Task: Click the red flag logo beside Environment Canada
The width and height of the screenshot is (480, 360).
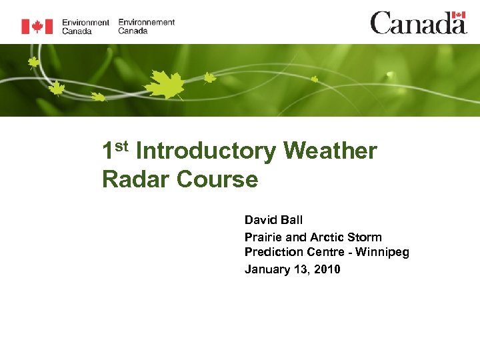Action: pyautogui.click(x=37, y=26)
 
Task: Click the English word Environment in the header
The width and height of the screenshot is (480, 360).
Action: pyautogui.click(x=85, y=22)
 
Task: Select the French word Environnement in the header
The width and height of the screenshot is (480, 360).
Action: pyautogui.click(x=147, y=22)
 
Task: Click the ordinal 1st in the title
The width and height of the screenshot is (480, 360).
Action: pyautogui.click(x=115, y=150)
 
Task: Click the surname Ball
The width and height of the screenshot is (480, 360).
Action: pyautogui.click(x=292, y=220)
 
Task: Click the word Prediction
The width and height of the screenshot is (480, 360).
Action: pyautogui.click(x=274, y=253)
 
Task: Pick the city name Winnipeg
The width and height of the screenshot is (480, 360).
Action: pyautogui.click(x=383, y=253)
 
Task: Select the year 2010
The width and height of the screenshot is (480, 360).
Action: pyautogui.click(x=327, y=269)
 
